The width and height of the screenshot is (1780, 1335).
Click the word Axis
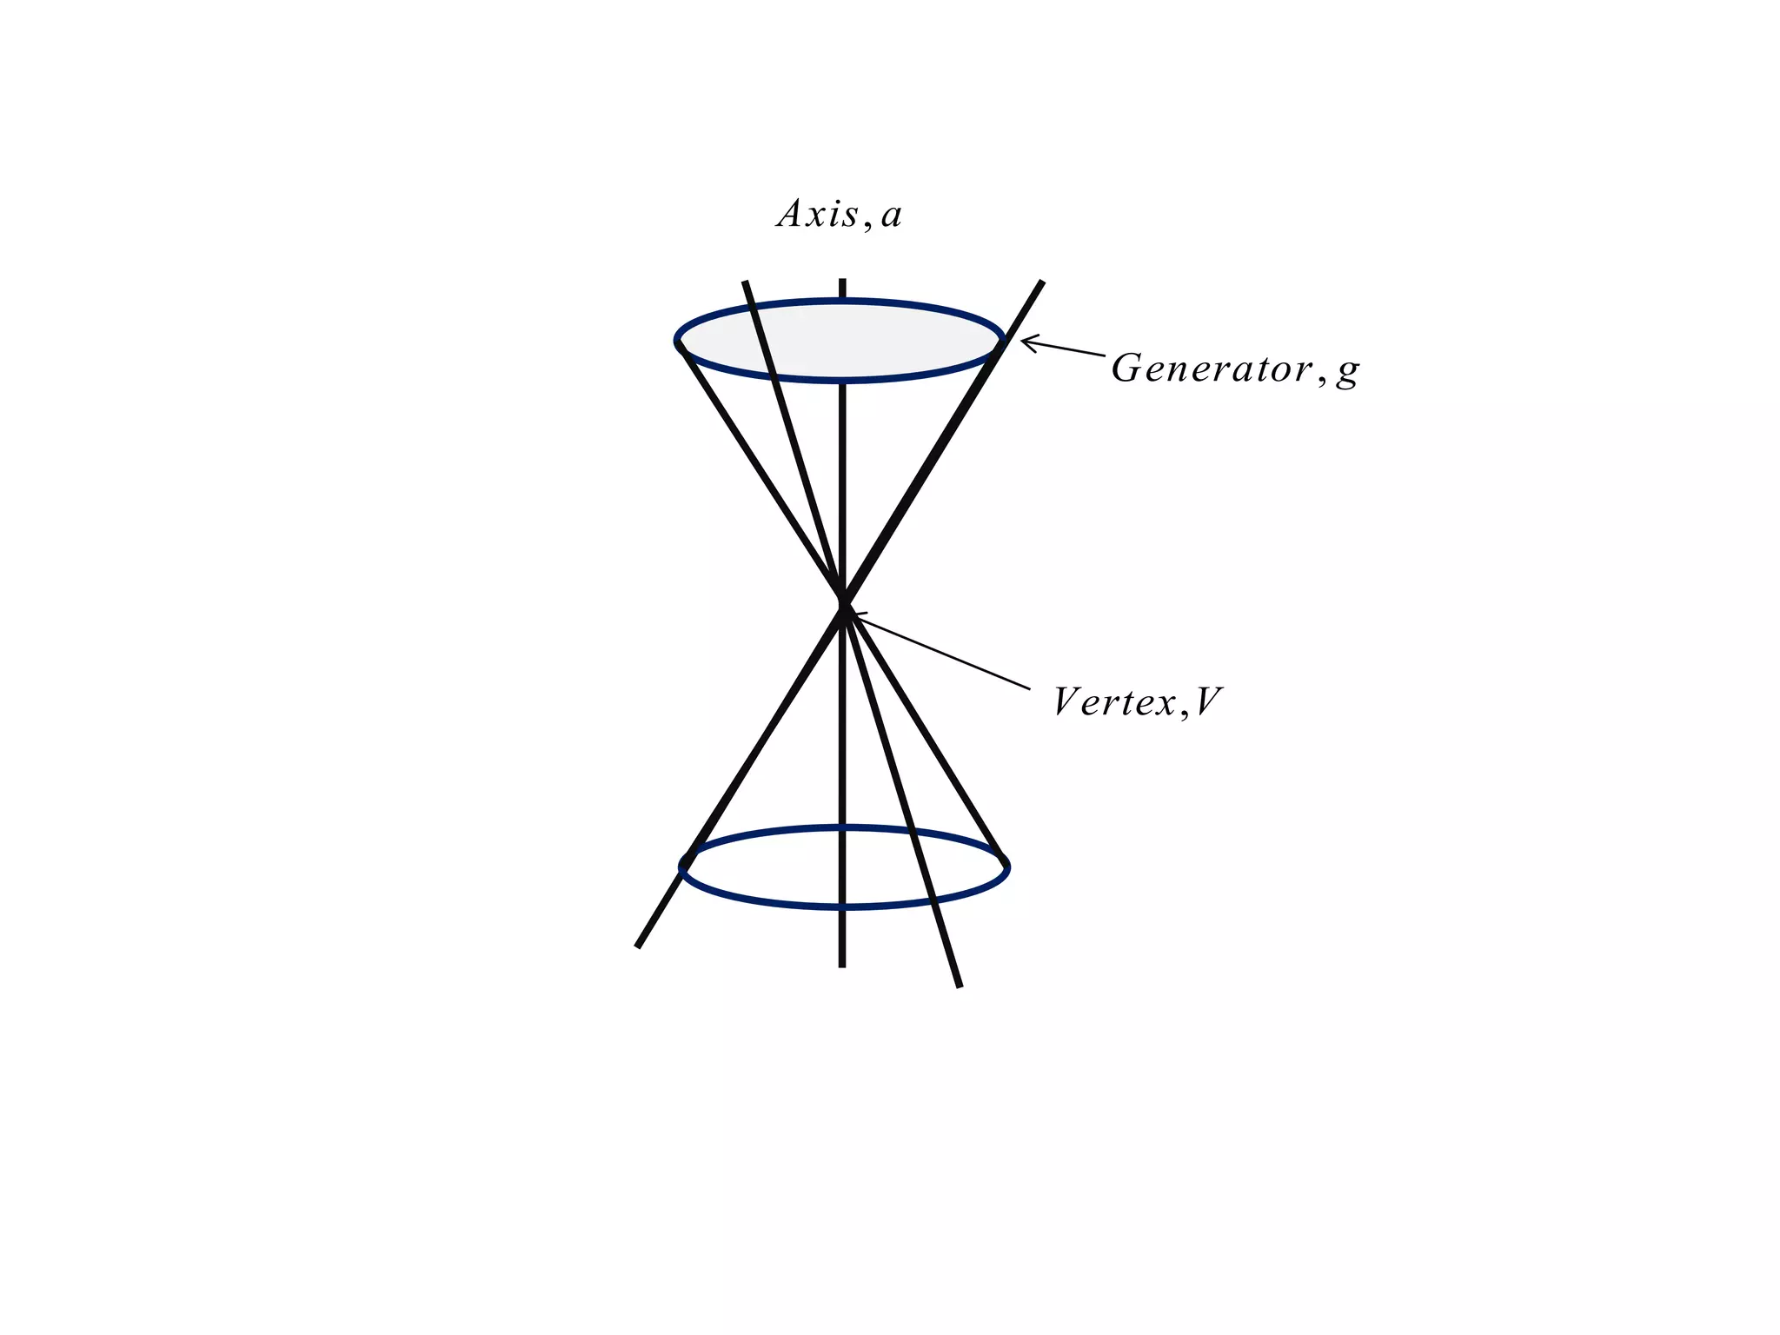(818, 214)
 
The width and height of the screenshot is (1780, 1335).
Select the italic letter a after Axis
(891, 216)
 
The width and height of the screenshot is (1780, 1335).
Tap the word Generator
(1212, 369)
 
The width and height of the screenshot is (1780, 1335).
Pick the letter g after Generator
(1347, 372)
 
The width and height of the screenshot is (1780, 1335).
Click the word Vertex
(1115, 702)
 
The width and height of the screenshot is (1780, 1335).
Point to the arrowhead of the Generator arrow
(1023, 341)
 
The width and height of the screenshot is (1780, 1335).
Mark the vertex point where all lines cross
(842, 605)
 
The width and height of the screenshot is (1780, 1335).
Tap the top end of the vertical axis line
(841, 282)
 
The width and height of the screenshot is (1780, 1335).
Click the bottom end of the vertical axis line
(841, 965)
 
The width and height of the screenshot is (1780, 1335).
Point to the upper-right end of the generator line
(1041, 282)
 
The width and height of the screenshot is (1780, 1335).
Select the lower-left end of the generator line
(638, 946)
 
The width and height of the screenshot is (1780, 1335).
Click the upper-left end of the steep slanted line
(745, 282)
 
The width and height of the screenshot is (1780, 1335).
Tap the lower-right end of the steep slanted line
(960, 986)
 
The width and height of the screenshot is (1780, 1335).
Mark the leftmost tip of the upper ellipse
(677, 340)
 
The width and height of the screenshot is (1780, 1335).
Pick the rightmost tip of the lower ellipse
(1007, 867)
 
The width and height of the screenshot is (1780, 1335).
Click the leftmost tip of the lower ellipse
(681, 867)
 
